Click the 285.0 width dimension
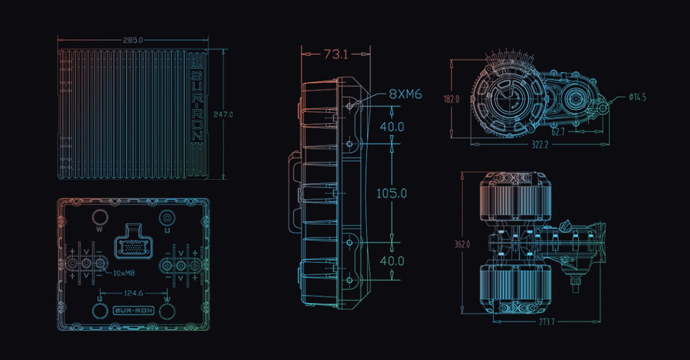[x=132, y=40]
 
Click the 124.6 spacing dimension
[x=133, y=294]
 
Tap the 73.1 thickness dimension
[x=335, y=55]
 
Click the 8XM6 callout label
[x=405, y=94]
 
